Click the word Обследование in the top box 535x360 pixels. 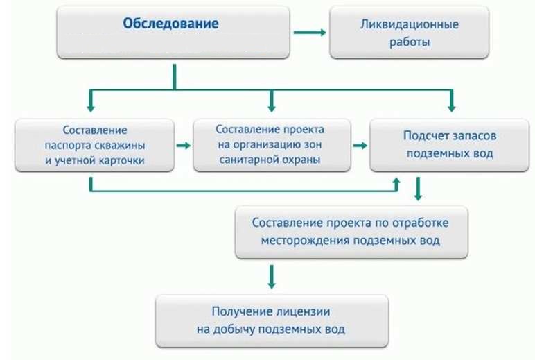[170, 24]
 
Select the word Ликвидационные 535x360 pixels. [409, 24]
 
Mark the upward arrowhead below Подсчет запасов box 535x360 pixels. [396, 182]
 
